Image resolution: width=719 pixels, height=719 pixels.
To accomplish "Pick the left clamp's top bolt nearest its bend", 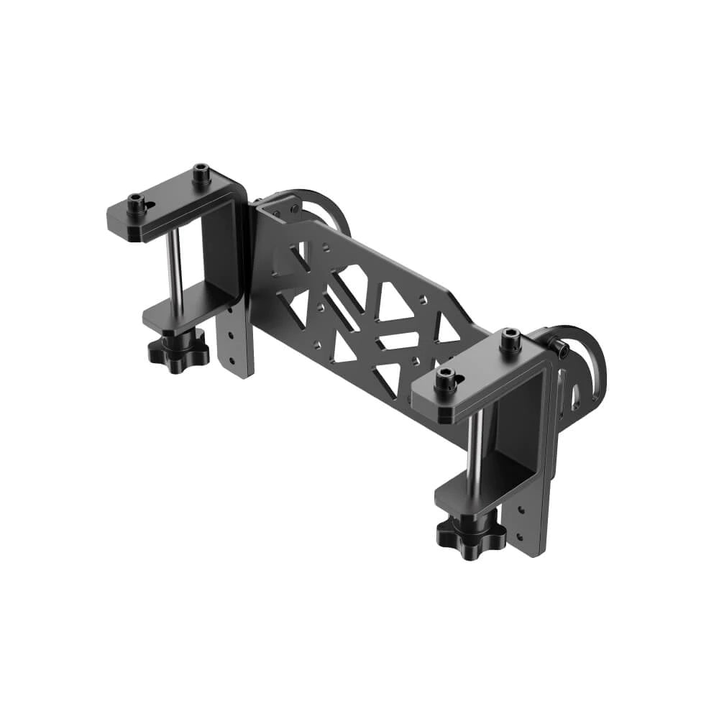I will pyautogui.click(x=201, y=173).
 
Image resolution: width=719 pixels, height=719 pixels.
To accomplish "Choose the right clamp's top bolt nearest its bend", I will pyautogui.click(x=510, y=338).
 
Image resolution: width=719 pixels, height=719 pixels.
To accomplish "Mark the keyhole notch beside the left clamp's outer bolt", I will pyautogui.click(x=150, y=206).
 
